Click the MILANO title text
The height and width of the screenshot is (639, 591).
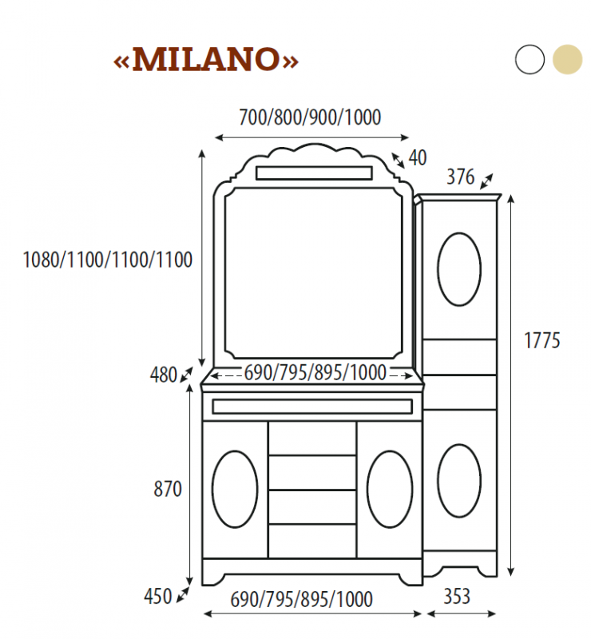207,60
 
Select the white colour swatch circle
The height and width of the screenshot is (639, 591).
530,60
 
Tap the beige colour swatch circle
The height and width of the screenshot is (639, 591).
568,60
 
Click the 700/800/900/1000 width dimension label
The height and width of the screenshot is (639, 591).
310,117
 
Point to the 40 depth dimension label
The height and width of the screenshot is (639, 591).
418,158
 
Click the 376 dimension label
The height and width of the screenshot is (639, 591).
460,177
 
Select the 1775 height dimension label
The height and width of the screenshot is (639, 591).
542,340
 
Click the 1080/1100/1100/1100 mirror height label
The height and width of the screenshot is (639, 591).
108,260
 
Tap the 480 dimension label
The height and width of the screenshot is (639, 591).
163,375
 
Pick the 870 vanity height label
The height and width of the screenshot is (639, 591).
168,490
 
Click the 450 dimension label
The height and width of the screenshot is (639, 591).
157,596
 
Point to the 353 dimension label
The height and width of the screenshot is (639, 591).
457,596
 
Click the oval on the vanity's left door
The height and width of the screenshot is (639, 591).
235,489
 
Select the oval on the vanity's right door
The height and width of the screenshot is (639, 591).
390,489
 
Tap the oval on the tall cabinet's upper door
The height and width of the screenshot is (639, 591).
459,269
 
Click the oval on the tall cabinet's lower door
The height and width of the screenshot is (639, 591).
459,480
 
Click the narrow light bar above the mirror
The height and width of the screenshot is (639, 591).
313,173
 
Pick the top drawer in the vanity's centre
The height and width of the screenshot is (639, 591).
312,439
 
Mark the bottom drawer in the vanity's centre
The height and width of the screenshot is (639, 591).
312,541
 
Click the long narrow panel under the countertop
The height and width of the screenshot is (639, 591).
312,407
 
